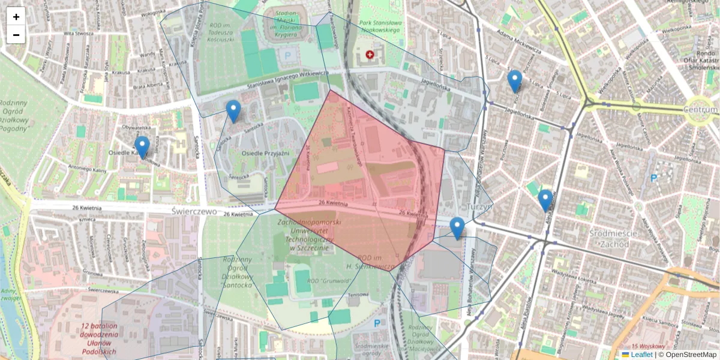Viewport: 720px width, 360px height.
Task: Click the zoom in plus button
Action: pos(16,16)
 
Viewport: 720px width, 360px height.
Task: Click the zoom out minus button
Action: pos(16,35)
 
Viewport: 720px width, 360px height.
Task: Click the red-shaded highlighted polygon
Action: pos(360,180)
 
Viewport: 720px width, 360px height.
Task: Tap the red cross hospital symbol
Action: pos(370,55)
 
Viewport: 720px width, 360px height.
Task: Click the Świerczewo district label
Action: pos(193,211)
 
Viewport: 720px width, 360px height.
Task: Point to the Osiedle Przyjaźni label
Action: pos(265,154)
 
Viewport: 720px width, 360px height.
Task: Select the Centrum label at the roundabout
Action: pos(700,110)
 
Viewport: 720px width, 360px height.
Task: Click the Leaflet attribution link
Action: pos(641,355)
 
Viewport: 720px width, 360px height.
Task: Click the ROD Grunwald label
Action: pos(325,280)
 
